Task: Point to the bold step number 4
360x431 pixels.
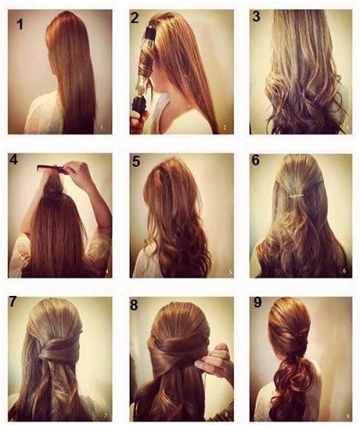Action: coord(14,161)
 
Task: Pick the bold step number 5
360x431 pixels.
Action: coord(136,162)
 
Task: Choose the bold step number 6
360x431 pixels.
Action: coord(255,161)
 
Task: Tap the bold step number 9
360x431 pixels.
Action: coord(256,304)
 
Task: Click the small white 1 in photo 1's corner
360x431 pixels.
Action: coord(101,127)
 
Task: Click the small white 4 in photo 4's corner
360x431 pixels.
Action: coord(106,271)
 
